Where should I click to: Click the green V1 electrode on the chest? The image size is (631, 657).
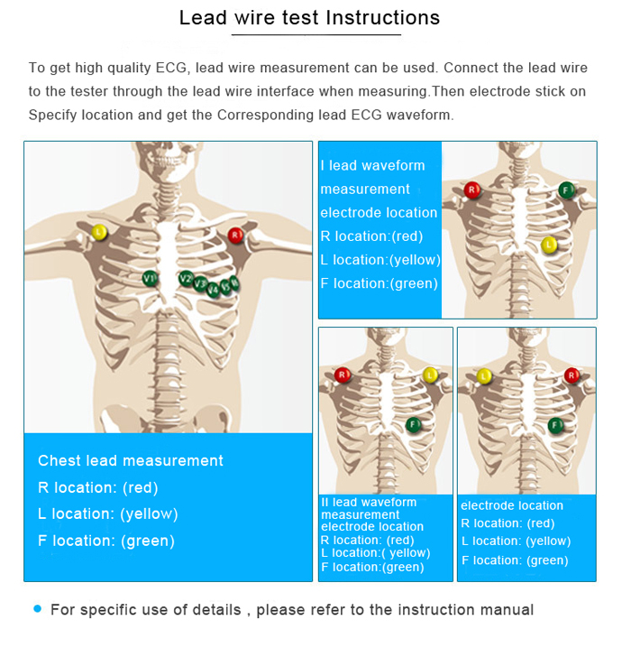(x=150, y=278)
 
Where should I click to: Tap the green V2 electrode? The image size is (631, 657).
(x=186, y=278)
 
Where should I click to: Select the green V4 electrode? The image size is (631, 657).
(x=214, y=289)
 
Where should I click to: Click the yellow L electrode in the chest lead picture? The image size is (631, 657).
(x=99, y=232)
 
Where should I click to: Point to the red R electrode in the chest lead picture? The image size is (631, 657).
(x=235, y=236)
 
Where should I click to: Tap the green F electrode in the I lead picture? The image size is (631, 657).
(x=566, y=190)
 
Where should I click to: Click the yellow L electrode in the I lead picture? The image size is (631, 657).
(x=549, y=244)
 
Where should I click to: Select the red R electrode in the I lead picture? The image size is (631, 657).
(x=472, y=190)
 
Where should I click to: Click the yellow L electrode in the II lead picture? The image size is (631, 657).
(x=430, y=375)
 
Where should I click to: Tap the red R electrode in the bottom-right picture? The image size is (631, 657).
(x=571, y=375)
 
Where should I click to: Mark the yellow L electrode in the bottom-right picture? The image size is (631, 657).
(x=485, y=375)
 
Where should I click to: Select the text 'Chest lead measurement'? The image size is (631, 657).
(x=131, y=460)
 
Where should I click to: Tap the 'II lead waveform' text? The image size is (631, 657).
(x=369, y=503)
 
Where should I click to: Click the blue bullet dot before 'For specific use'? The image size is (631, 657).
(x=37, y=609)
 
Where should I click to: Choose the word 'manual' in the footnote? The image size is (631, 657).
(x=506, y=610)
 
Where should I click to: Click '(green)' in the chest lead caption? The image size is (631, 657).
(x=148, y=541)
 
